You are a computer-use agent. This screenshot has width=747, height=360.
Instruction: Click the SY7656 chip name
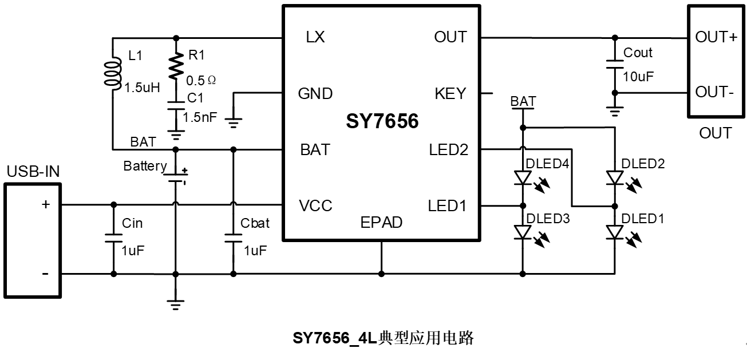click(x=382, y=121)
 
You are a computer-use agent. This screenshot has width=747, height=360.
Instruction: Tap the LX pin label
click(x=315, y=38)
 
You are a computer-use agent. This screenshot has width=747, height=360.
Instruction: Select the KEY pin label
click(x=450, y=93)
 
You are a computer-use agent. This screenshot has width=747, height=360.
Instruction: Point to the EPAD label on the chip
click(x=381, y=222)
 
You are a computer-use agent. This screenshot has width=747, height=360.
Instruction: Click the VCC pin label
click(x=316, y=205)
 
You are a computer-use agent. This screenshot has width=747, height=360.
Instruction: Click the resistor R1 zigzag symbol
click(x=176, y=64)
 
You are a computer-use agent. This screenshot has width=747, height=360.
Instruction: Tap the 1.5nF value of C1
click(x=200, y=117)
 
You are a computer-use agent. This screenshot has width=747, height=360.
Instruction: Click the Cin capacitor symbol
click(x=113, y=238)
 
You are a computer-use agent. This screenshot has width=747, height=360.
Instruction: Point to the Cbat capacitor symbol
click(x=233, y=238)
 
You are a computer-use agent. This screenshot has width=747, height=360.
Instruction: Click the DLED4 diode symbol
click(x=523, y=178)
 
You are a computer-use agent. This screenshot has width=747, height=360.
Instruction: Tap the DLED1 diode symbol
click(x=615, y=232)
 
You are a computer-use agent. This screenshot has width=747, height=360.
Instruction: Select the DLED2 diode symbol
click(x=615, y=178)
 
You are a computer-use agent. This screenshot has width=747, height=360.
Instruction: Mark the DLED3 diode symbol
click(x=523, y=232)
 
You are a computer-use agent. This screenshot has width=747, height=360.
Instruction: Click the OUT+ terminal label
click(x=716, y=38)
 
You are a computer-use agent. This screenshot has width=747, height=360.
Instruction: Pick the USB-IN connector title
click(x=33, y=171)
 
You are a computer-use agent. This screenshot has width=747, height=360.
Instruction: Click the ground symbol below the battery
click(x=176, y=304)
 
